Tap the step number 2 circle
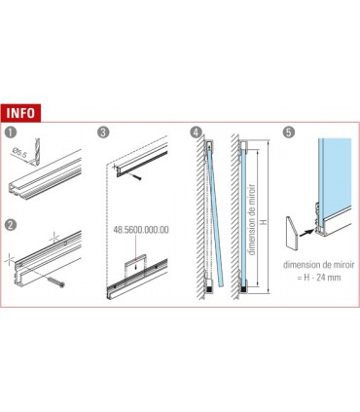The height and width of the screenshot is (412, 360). [x=13, y=223]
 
